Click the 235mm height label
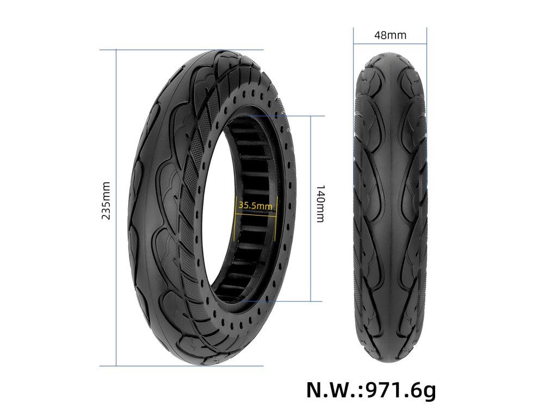107,200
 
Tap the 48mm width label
390,35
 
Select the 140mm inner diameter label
320,204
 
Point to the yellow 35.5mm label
256,205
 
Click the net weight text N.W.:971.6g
371,390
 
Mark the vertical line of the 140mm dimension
311,208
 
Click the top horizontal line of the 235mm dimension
182,50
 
